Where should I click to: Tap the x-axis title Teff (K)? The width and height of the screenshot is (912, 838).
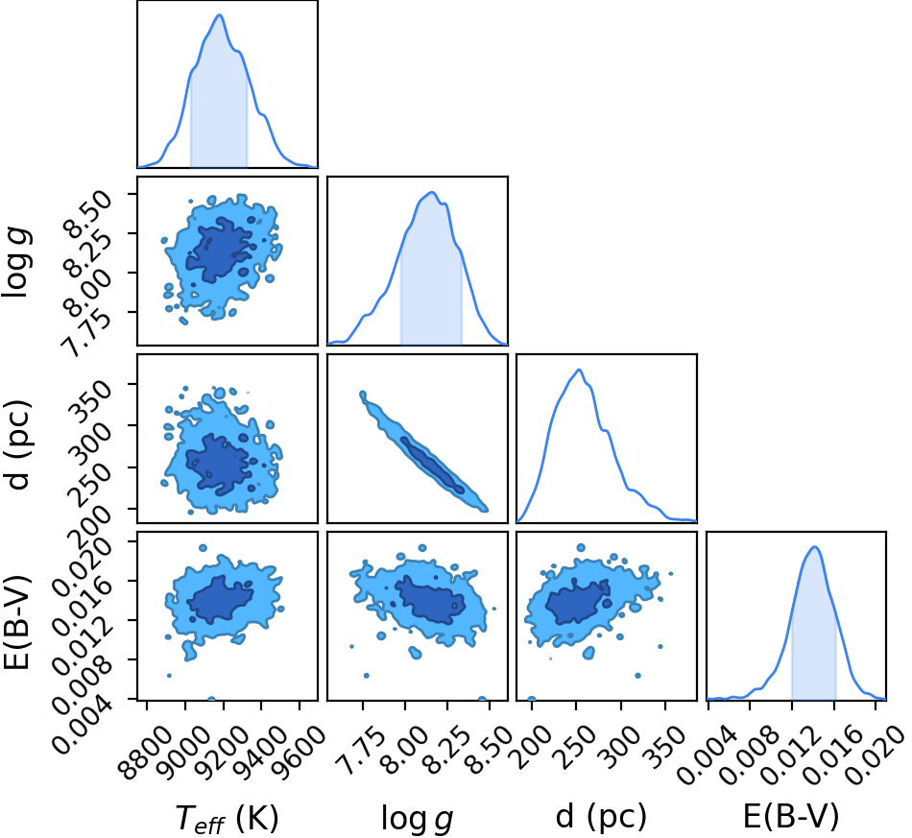pyautogui.click(x=228, y=819)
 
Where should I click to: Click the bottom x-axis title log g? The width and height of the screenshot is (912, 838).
pyautogui.click(x=417, y=820)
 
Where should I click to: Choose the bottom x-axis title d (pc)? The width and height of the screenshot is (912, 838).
pyautogui.click(x=601, y=817)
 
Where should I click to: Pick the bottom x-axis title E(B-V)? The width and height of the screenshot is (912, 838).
pyautogui.click(x=791, y=816)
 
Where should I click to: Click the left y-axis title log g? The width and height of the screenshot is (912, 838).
pyautogui.click(x=16, y=263)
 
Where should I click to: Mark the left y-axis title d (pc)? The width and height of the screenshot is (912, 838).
pyautogui.click(x=18, y=444)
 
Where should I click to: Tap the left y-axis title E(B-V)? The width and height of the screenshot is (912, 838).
pyautogui.click(x=17, y=622)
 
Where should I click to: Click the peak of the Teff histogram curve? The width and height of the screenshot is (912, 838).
pyautogui.click(x=219, y=14)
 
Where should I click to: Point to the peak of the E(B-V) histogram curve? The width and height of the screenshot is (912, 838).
pyautogui.click(x=814, y=546)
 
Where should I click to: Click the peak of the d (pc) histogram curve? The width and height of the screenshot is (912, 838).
pyautogui.click(x=579, y=370)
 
